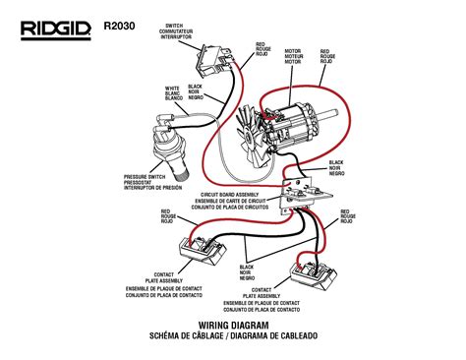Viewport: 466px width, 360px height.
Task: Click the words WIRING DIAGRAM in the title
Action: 233,325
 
